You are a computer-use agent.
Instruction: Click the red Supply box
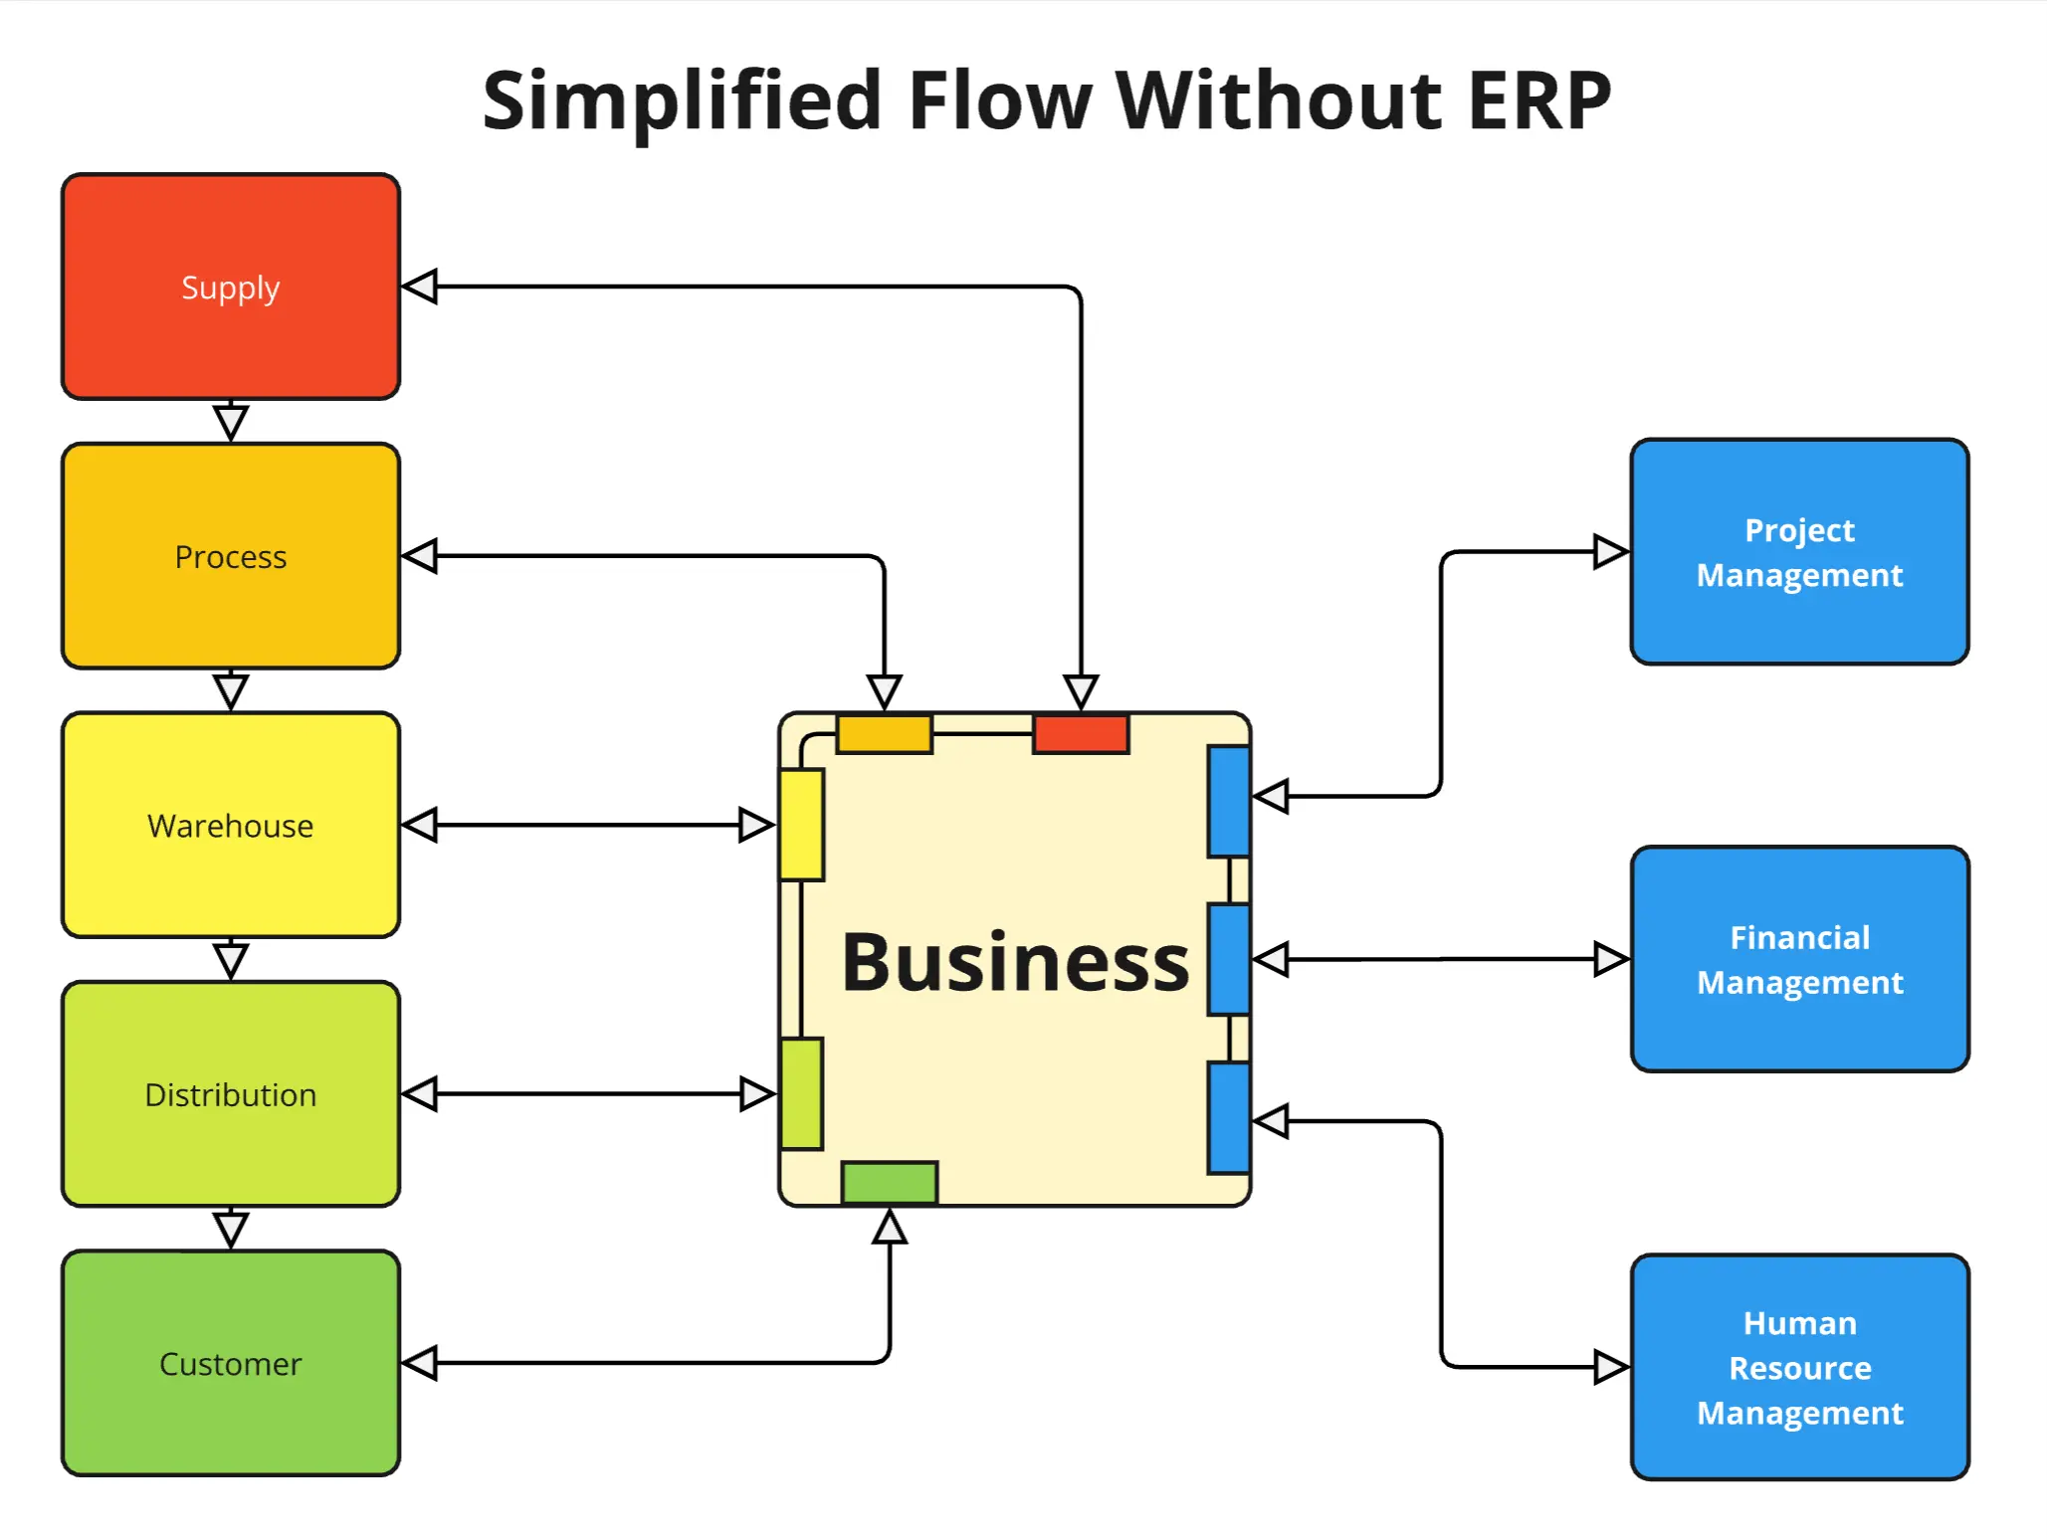point(230,287)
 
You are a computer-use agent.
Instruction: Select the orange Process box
point(230,556)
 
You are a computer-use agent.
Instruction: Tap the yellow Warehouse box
point(230,825)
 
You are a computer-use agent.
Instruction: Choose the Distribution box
point(230,1094)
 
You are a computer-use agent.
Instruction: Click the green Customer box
point(230,1363)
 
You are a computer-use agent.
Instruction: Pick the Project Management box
point(1799,552)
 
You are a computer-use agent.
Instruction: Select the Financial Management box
point(1799,959)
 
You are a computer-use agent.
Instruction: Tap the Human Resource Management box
point(1799,1367)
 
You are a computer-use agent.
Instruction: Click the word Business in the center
point(1015,962)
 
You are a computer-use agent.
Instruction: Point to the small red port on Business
point(1081,734)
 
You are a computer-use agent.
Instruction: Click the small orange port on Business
point(884,734)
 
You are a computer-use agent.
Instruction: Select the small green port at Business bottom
point(889,1182)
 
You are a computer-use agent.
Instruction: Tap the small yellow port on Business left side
point(801,825)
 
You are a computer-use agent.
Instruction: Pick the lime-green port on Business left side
point(801,1093)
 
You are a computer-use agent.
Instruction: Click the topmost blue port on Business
point(1228,801)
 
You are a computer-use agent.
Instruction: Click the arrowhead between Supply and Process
point(231,423)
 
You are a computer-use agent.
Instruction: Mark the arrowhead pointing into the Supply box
point(420,287)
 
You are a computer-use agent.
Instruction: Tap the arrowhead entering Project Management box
point(1609,551)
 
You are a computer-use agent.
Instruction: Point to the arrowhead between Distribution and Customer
point(231,1230)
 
